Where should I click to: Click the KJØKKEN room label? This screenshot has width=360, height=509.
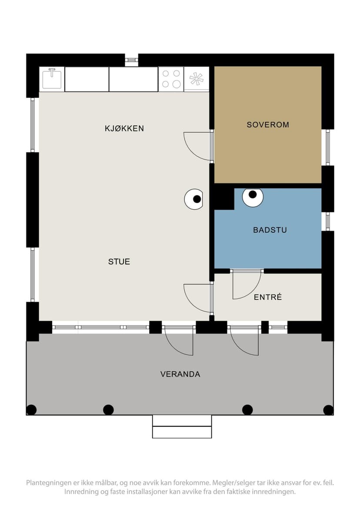[x=124, y=128]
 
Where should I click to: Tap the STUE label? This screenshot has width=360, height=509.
[x=119, y=261]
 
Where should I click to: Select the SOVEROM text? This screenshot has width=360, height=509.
[x=268, y=125]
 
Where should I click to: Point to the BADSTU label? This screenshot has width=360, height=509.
[x=270, y=230]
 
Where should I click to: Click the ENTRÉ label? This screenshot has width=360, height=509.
[x=268, y=297]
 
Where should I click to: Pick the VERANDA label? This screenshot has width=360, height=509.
[x=180, y=374]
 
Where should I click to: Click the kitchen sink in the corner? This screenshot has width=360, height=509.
[x=52, y=79]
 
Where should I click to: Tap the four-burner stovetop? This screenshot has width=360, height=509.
[x=171, y=79]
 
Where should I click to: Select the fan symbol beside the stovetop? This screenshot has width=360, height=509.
[x=196, y=79]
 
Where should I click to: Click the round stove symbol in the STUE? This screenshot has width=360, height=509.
[x=193, y=199]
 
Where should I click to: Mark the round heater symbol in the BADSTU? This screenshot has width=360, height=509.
[x=253, y=196]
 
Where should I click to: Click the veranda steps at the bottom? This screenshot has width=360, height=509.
[x=182, y=426]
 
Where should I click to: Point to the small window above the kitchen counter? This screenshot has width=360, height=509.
[x=131, y=60]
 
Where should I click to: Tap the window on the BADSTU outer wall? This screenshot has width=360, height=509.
[x=327, y=221]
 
